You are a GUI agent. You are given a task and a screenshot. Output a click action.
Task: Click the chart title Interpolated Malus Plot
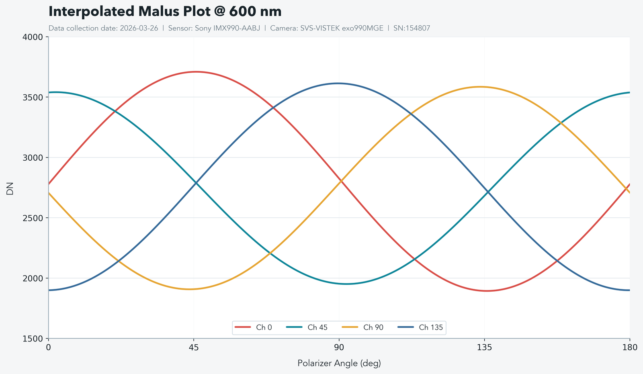(x=165, y=12)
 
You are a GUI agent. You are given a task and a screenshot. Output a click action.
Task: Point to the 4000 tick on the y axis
(x=34, y=37)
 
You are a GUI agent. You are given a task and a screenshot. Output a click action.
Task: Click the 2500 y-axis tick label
(x=34, y=218)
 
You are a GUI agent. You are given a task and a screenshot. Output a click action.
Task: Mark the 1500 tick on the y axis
(x=34, y=338)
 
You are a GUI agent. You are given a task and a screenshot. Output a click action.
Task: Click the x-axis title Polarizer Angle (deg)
(x=339, y=364)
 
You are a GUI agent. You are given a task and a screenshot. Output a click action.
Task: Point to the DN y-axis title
(x=10, y=188)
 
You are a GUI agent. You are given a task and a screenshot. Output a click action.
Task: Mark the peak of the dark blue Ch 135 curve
(x=338, y=83)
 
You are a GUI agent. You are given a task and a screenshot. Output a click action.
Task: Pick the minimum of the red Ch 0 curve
(x=486, y=291)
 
